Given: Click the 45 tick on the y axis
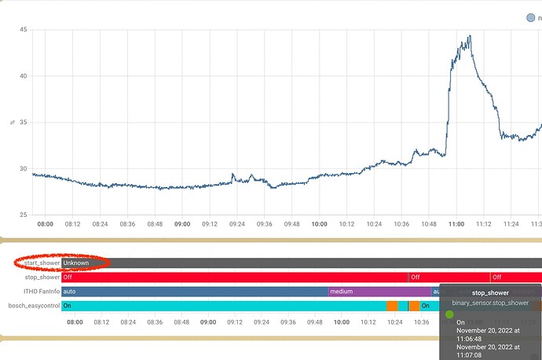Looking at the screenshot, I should point(24,30).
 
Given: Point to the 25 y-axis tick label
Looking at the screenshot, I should point(24,215).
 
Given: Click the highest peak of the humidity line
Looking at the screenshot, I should point(470,35).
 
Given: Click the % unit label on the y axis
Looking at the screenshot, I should point(13,123).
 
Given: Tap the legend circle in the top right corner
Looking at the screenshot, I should point(530,17).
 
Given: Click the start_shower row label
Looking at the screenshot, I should point(40,263).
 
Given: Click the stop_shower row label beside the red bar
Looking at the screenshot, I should point(42,277).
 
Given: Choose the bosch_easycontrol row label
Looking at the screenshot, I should point(34,305).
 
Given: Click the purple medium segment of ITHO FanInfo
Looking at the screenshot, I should point(378,291).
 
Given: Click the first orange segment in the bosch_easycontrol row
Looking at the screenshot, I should point(391,305).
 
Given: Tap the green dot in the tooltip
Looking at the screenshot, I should point(449,314).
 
